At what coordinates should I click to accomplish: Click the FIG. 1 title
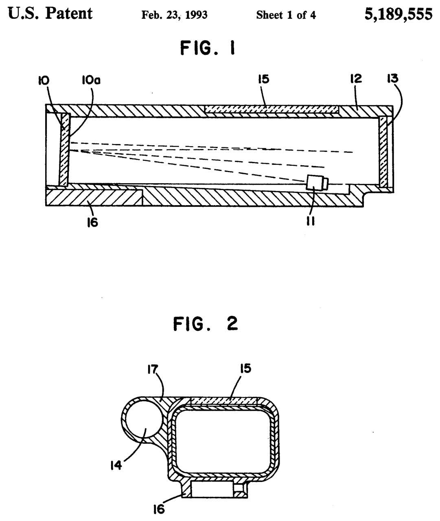(x=208, y=49)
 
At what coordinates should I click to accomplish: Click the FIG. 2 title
(x=206, y=324)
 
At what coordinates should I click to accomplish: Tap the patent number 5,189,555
(x=398, y=14)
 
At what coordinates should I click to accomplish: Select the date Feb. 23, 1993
(x=174, y=15)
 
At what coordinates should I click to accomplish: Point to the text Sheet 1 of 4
(x=286, y=15)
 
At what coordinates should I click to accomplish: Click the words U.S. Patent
(x=50, y=14)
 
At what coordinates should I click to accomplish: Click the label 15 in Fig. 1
(x=264, y=79)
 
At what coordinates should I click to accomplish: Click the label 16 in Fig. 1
(x=92, y=222)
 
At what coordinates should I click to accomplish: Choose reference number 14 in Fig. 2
(x=116, y=464)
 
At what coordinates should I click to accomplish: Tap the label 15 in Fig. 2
(x=245, y=369)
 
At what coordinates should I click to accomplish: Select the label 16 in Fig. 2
(x=159, y=508)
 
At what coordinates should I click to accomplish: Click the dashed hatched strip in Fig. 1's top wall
(x=271, y=109)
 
